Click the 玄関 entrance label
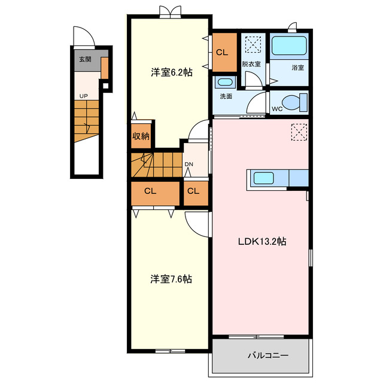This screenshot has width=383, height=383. click(85, 59)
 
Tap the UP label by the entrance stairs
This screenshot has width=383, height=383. click(84, 96)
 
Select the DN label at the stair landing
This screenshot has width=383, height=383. click(189, 165)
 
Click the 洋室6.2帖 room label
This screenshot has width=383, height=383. click(172, 72)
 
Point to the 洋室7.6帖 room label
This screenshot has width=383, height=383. click(171, 279)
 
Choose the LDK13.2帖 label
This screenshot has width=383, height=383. click(262, 241)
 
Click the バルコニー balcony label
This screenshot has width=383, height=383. click(268, 355)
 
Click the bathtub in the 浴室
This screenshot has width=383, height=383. click(289, 45)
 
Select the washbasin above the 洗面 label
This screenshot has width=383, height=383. click(225, 82)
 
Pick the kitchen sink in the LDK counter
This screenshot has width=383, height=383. click(263, 178)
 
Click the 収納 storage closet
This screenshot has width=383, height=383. click(141, 136)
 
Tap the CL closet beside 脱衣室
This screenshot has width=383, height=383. click(224, 52)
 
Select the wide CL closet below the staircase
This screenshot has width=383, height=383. click(156, 193)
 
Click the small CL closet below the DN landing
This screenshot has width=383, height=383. click(196, 193)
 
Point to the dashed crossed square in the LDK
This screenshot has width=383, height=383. click(299, 132)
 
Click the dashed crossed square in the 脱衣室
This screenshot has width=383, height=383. click(253, 44)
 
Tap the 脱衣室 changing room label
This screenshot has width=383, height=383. click(251, 64)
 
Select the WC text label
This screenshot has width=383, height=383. click(277, 109)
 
